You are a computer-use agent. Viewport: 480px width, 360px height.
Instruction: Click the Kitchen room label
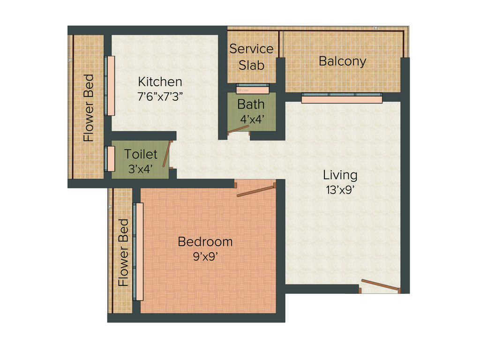[x=160, y=82]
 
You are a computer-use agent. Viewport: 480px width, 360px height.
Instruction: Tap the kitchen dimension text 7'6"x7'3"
[x=160, y=97]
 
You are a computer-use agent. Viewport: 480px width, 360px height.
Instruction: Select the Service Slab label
[x=251, y=57]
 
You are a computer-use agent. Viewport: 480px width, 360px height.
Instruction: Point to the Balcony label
[x=342, y=61]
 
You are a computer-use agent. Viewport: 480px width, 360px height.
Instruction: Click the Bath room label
[x=251, y=104]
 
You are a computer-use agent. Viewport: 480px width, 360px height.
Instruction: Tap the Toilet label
[x=141, y=154]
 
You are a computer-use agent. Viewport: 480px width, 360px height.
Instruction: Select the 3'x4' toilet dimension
[x=141, y=169]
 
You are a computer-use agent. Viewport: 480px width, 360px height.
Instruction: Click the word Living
[x=340, y=175]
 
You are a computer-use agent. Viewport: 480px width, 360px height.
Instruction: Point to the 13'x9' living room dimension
[x=340, y=190]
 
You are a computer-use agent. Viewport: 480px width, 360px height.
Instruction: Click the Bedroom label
[x=205, y=242]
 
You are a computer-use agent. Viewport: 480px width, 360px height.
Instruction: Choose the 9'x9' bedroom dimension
[x=205, y=256]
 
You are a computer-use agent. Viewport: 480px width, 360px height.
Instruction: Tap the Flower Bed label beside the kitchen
[x=89, y=108]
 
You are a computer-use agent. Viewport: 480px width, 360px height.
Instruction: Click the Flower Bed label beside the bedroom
[x=123, y=253]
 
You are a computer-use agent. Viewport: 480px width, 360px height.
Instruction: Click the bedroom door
[x=255, y=190]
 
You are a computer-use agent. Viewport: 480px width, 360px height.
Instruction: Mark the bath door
[x=238, y=130]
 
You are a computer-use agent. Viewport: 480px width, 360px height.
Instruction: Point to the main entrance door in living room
[x=380, y=285]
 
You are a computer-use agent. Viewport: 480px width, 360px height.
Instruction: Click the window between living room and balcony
[x=341, y=98]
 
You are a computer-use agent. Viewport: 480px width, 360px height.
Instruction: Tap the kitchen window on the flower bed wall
[x=111, y=86]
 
